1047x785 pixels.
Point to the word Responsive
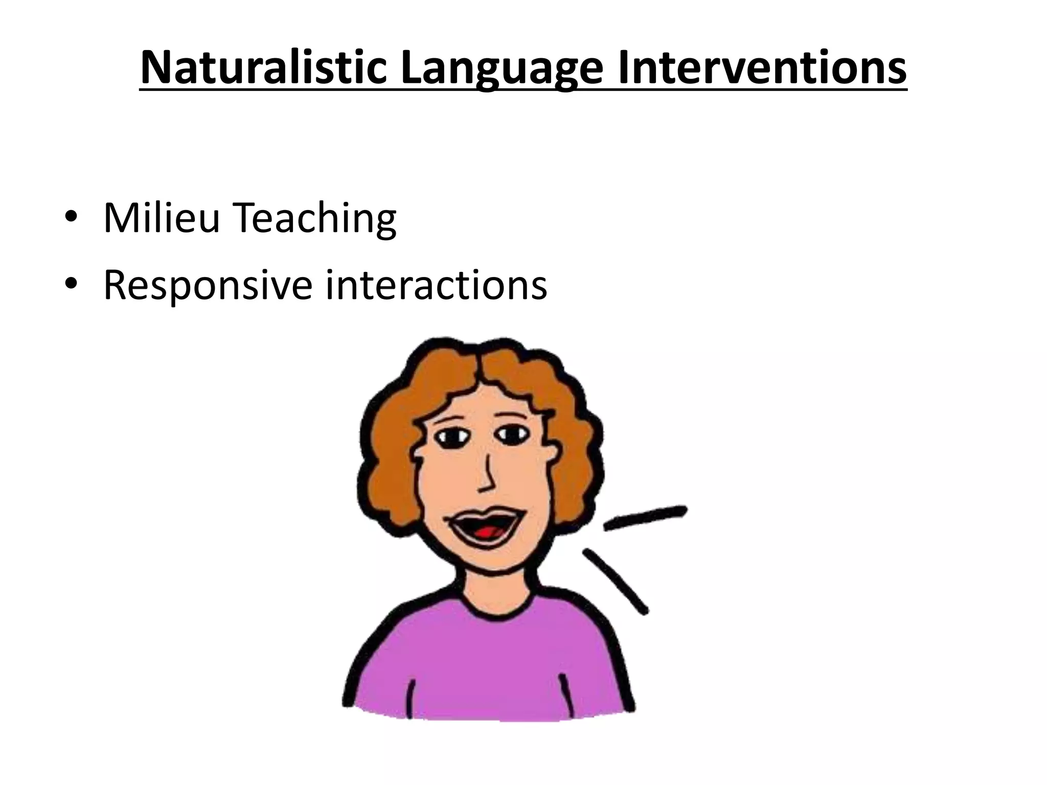[x=207, y=285]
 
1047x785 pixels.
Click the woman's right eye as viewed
[x=512, y=434]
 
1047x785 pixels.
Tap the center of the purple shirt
[x=488, y=664]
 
